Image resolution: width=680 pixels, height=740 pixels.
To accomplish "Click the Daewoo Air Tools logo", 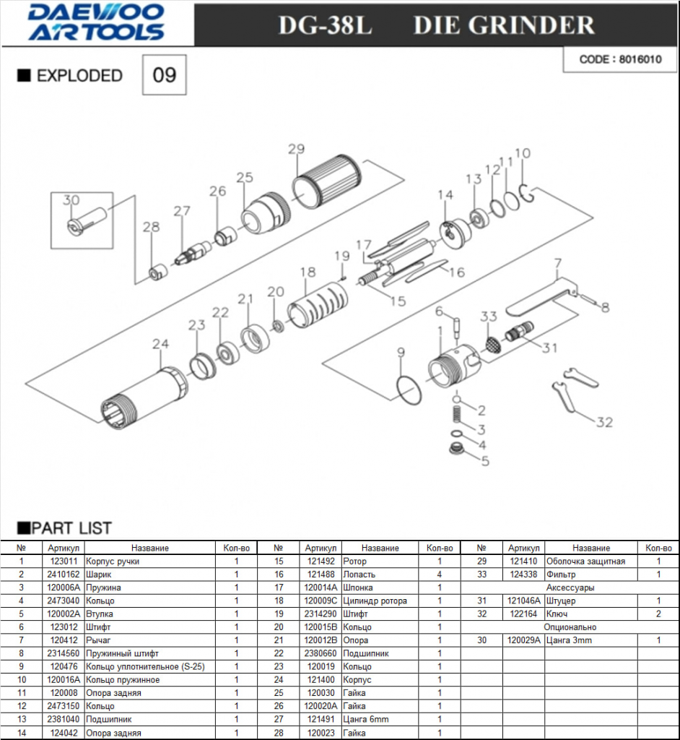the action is [96, 22].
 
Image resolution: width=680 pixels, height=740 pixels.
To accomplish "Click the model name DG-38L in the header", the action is [325, 25].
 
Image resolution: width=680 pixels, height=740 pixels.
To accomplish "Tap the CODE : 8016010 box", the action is [619, 59].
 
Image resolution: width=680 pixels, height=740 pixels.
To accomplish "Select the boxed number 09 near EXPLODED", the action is [165, 75].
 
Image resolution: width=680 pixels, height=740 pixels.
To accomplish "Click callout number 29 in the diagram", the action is [296, 149].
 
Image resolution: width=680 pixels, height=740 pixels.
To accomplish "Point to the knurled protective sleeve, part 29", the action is [326, 181].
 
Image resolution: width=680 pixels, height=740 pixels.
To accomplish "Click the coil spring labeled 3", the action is [456, 416].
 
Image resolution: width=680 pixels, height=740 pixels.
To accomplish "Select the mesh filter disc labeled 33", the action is [493, 344].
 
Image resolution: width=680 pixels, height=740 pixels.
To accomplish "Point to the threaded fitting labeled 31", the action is [519, 331].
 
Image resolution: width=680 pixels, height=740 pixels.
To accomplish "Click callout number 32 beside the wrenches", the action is [604, 422].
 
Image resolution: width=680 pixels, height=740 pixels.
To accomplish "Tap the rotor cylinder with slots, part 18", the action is [318, 305].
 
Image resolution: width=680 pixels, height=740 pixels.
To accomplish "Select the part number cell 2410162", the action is [64, 575].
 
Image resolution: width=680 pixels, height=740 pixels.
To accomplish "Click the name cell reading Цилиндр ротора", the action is [375, 601].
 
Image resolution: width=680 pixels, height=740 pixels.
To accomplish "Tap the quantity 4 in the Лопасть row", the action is [440, 575].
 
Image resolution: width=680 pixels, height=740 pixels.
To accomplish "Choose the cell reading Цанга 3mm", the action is [569, 640].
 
